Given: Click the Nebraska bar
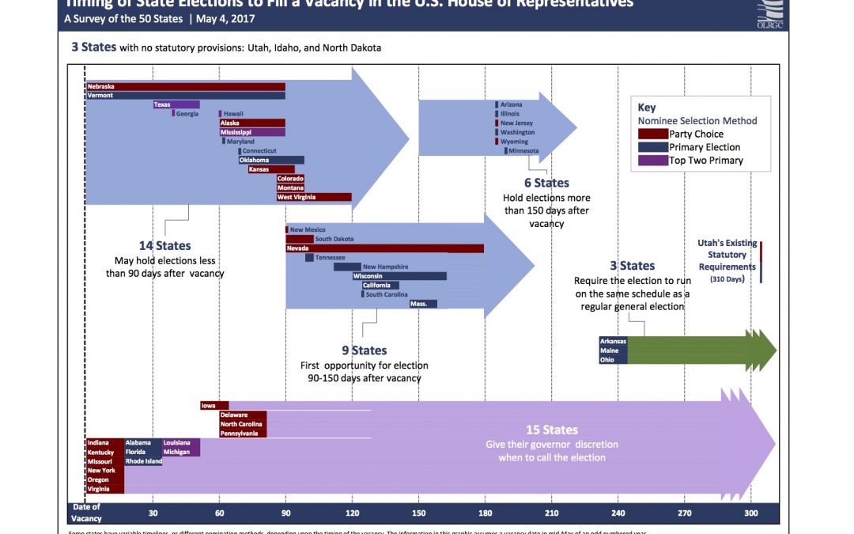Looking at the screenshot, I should [185, 86].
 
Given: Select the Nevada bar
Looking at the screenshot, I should [384, 248].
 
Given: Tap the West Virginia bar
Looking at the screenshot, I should [314, 197].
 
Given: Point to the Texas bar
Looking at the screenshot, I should [176, 104].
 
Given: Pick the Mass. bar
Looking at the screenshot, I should [423, 304].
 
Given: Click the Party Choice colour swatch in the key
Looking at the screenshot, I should [653, 134].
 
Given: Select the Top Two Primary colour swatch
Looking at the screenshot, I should [653, 161].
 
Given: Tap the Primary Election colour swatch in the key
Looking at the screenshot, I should [653, 147].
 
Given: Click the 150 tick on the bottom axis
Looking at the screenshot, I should [418, 513].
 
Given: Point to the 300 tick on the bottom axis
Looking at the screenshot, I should [750, 513].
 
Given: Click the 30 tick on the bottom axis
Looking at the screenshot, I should [153, 513].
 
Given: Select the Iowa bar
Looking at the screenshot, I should [214, 406].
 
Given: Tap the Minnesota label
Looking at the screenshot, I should [523, 150].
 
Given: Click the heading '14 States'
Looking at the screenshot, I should [164, 246].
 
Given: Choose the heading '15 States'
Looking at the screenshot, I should [552, 430].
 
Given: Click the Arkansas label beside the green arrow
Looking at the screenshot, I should [613, 342].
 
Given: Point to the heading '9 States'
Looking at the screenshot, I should [364, 350].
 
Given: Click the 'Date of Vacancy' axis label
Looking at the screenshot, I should [86, 513].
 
